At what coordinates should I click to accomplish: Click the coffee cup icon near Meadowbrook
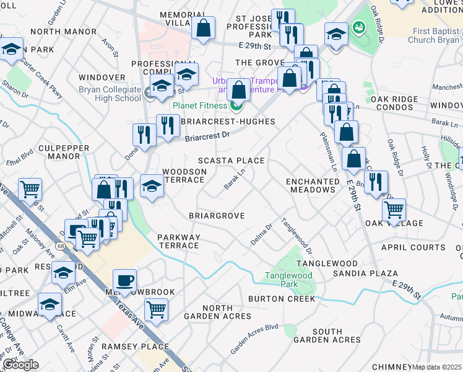124,280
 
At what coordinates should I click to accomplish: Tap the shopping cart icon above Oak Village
394,210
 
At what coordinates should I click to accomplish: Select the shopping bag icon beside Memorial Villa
202,27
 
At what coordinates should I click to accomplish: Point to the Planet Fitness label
200,105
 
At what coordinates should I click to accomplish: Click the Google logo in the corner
20,365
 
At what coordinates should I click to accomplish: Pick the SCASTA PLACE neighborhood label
231,161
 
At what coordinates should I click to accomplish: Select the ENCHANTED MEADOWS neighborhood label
313,185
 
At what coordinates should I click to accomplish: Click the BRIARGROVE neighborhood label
217,216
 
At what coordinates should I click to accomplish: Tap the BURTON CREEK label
282,299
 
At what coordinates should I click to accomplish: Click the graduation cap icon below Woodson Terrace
151,186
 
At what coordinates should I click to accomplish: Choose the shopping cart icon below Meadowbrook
156,308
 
